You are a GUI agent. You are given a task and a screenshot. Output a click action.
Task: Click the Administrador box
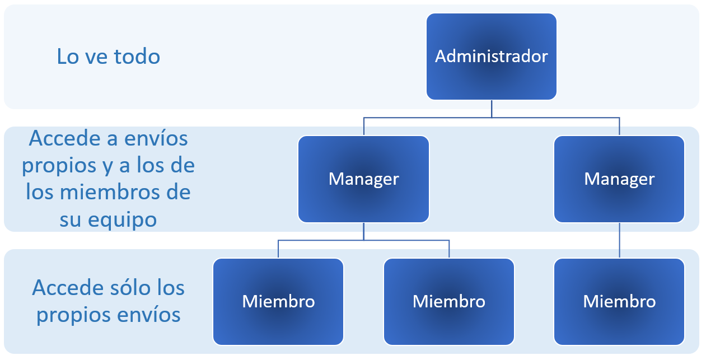coord(491,57)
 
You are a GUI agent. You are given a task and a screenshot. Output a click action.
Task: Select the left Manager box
coord(363,179)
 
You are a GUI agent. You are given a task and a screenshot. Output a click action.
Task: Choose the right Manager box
coord(619,179)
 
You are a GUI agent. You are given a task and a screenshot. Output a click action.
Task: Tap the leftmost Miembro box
coord(278,301)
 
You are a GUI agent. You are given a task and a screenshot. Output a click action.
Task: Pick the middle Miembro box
coord(448,301)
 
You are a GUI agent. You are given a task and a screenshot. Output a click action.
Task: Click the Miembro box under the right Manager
coord(619,301)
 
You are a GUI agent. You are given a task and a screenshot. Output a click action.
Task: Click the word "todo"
coord(137,57)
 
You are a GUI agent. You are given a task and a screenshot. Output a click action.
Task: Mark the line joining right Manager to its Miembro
coord(619,240)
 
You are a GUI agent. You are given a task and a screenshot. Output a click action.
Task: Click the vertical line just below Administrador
coord(492,109)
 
